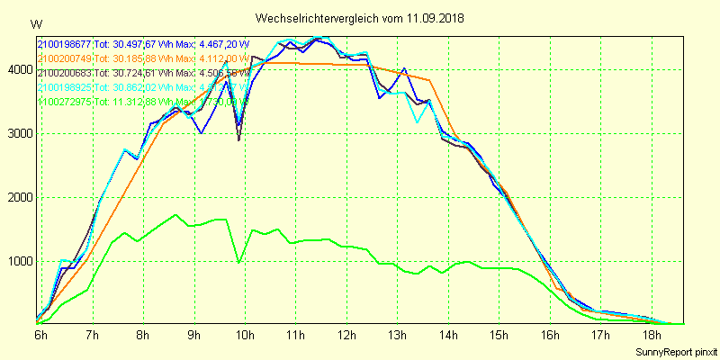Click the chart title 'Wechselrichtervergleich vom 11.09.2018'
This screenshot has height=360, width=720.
[x=360, y=18]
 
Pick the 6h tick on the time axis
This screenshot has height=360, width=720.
[x=40, y=336]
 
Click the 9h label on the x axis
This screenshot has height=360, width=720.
[x=193, y=336]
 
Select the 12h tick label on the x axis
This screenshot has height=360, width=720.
[x=346, y=336]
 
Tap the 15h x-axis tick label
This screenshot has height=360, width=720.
[x=499, y=336]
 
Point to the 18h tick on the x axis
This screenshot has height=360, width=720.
[x=652, y=336]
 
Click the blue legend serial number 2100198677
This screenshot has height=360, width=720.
[x=65, y=43]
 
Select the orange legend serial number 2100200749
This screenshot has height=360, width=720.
[x=65, y=58]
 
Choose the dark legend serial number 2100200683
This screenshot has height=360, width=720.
[x=65, y=72]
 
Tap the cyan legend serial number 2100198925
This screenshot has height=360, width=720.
[x=65, y=87]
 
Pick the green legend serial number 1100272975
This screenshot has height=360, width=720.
[x=65, y=102]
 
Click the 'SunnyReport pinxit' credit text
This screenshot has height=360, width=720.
[x=676, y=351]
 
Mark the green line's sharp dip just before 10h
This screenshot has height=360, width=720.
[x=238, y=263]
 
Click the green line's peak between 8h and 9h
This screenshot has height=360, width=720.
[x=176, y=215]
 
